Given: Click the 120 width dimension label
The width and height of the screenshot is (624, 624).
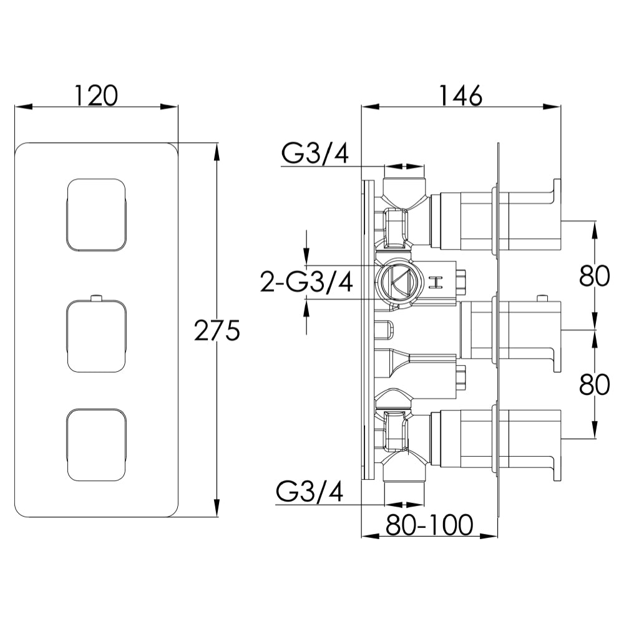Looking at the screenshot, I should coord(96,95).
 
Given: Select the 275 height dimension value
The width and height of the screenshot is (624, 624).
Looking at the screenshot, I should coord(217,331).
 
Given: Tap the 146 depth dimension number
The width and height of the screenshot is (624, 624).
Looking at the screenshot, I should coord(460,95).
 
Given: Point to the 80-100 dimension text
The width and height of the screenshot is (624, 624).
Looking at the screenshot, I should coord(429,525).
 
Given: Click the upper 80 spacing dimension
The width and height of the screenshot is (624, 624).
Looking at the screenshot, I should coord(593,275).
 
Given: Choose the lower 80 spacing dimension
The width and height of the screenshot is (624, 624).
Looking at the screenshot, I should coord(593,385).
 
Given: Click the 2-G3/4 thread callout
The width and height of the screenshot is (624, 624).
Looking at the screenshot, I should coord(306,283).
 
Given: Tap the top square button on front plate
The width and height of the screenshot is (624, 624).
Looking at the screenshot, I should coord(97,215).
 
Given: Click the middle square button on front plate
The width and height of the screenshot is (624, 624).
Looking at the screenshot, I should coord(97,336).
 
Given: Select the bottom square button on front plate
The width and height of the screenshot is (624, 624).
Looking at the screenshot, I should coord(97,445).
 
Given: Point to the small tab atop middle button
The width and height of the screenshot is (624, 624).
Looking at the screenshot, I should coord(95,296).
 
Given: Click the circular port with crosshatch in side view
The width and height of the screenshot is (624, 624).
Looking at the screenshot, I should coord(397,282).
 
